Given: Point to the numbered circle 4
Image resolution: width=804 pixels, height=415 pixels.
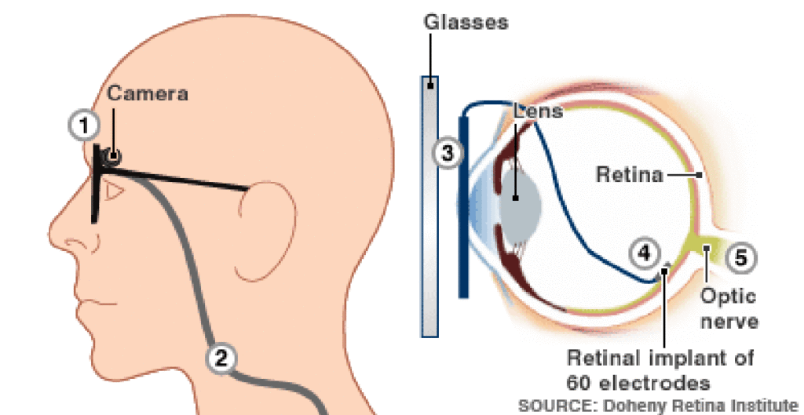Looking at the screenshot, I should click(x=643, y=253).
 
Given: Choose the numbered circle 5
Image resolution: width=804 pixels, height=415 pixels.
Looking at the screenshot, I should click(x=741, y=257).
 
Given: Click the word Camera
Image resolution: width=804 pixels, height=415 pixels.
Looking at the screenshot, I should click(x=148, y=94).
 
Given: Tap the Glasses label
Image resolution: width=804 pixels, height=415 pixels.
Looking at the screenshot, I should click(x=466, y=21).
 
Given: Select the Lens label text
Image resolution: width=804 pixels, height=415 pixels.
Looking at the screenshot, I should click(x=539, y=111).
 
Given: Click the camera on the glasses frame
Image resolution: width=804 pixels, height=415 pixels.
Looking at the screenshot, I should click(x=114, y=156).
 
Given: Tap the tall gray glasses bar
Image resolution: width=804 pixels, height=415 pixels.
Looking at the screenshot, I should click(x=429, y=206).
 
